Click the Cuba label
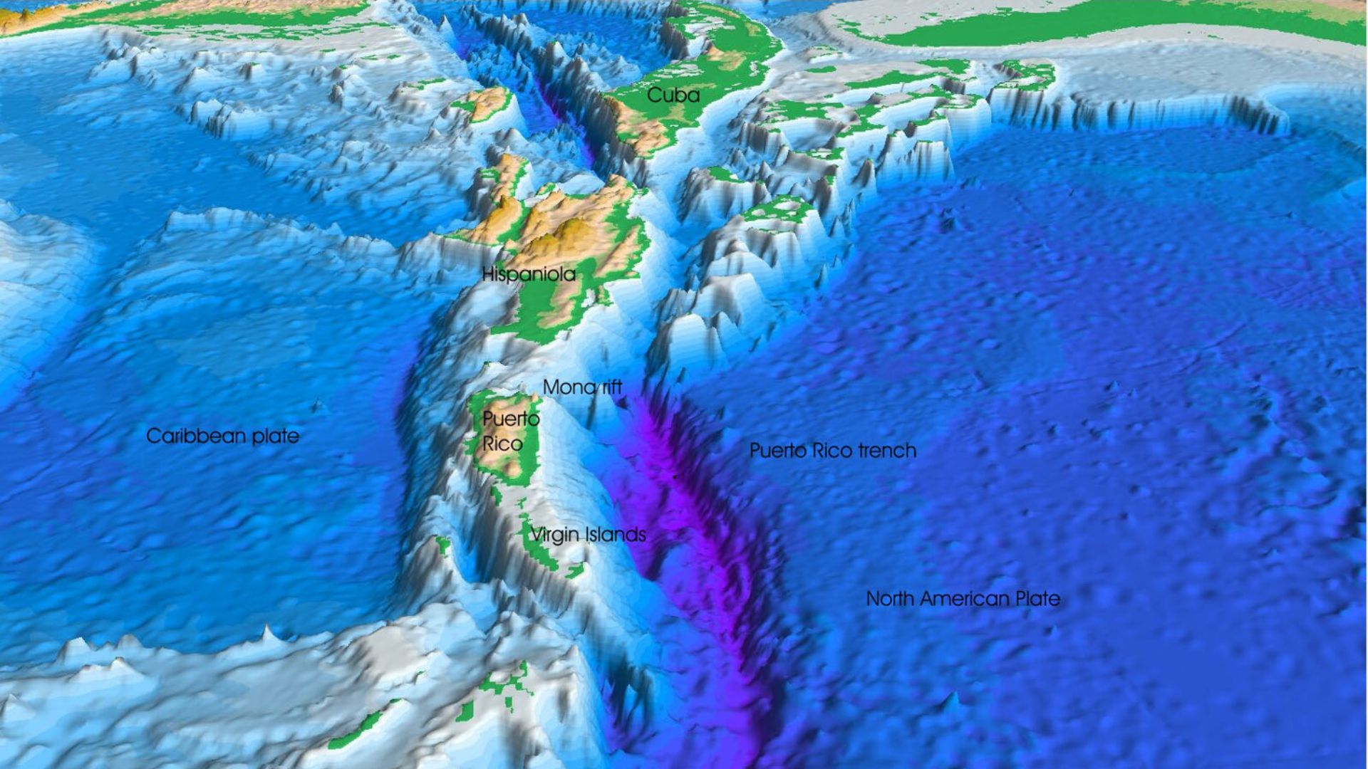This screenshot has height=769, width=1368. (673, 95)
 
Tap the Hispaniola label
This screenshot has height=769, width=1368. (529, 274)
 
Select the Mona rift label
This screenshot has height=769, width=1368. (582, 387)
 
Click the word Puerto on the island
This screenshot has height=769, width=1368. (511, 419)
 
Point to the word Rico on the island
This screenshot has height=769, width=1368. (502, 444)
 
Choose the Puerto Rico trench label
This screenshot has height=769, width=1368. (832, 451)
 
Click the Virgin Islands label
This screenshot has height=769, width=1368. (588, 535)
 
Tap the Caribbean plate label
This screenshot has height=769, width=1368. (222, 436)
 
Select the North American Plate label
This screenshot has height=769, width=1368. (963, 599)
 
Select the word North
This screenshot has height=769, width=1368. (889, 599)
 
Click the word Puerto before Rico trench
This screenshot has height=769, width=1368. (778, 451)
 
